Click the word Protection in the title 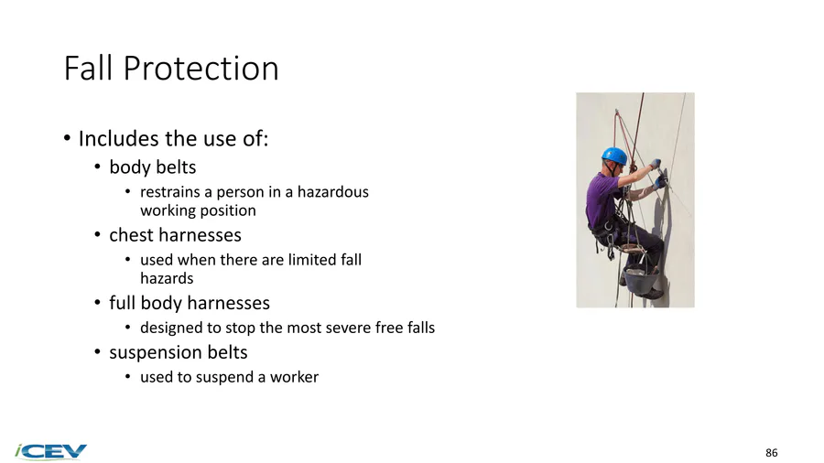pos(201,69)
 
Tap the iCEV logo pos(51,451)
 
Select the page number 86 pos(772,453)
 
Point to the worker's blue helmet pos(614,156)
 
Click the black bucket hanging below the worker pos(641,281)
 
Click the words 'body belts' pos(152,167)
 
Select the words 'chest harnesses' pos(175,234)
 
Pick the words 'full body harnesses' pos(190,303)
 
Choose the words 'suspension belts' pos(179,352)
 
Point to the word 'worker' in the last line pos(294,377)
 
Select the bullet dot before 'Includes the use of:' pos(67,138)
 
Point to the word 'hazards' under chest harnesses pos(167,278)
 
